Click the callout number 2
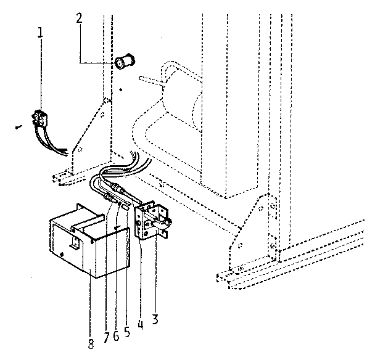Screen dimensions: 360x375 pos(79,18)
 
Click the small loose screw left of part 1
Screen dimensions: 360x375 pos(17,128)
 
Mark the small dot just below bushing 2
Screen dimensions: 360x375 pos(122,90)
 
